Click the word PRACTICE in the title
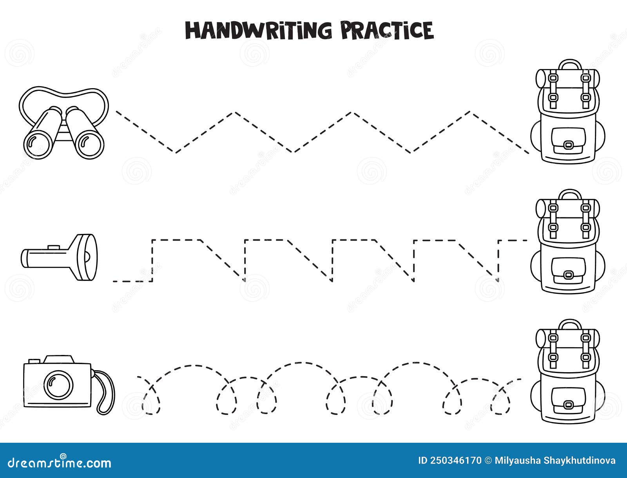point(387,30)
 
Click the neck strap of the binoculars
point(63,91)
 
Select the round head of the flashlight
point(86,257)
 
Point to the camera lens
point(58,382)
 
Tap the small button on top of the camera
point(33,360)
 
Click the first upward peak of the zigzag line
point(235,113)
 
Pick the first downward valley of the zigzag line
point(176,152)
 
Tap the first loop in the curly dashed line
point(151,400)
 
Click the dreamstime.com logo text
point(56,463)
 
